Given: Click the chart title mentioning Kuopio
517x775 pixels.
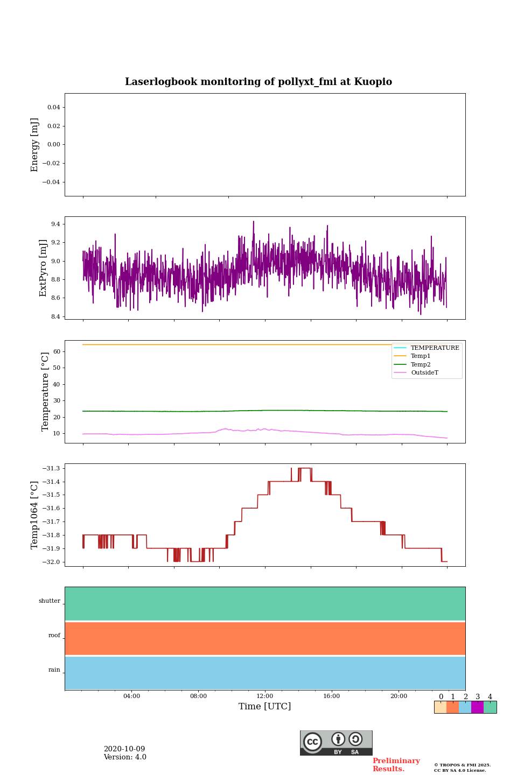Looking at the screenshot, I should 258,82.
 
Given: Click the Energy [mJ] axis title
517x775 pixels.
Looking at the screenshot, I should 35,145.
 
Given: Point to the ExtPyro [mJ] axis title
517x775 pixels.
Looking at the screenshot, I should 44,268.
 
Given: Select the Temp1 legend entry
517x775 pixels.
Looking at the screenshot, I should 421,356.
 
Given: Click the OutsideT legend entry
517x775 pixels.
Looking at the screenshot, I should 424,373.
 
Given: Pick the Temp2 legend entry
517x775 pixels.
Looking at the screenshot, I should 421,364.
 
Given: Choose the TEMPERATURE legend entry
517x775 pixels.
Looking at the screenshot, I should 435,348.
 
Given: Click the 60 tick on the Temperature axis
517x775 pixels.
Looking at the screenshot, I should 56,351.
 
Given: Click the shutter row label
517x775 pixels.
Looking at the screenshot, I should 50,601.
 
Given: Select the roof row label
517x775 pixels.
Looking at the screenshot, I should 54,636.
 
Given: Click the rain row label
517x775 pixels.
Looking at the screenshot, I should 54,670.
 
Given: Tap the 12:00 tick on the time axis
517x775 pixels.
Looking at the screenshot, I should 265,696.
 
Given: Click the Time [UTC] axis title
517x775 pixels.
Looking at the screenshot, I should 265,707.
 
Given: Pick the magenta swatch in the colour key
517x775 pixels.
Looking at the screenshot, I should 477,707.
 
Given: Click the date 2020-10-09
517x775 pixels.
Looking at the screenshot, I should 124,749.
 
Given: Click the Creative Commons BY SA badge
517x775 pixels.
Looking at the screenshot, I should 336,743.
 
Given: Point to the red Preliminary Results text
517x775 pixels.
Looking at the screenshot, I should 396,765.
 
